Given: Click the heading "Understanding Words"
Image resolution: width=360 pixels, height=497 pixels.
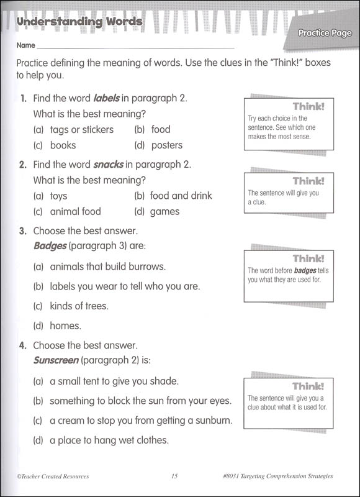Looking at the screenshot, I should pos(79,22).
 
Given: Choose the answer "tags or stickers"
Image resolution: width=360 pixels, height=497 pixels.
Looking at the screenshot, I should pos(81,129).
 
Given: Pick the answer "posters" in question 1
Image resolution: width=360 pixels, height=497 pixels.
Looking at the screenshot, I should pos(166,145).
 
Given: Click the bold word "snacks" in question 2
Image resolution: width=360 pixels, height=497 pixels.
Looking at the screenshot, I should pos(109,165).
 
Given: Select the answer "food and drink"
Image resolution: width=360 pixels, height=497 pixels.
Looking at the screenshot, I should pos(181,196).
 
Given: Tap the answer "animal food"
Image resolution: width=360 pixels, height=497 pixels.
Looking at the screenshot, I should pos(75,211).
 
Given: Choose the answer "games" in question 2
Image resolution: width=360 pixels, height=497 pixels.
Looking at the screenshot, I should pos(164,211).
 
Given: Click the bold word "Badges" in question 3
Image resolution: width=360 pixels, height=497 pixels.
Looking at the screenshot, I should pos(50,246).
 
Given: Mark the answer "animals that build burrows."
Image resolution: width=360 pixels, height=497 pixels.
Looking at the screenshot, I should pos(107,267).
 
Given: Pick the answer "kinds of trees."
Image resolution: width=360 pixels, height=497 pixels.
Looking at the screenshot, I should pos(79,306).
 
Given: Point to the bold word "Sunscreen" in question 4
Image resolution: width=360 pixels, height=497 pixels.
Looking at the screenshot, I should pos(56,360).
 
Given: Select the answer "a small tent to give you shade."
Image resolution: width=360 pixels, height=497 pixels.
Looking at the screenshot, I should pos(114,381).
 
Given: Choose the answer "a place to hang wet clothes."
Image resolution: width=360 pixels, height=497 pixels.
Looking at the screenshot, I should pos(109,440).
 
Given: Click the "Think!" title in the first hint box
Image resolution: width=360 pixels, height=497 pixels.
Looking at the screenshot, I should pos(308,106).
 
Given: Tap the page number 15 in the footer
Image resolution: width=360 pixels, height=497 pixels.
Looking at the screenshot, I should pos(174,476).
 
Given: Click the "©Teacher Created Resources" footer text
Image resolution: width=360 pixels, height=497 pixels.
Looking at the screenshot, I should pos(49,476).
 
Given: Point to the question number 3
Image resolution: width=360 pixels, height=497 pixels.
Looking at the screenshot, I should pos(22,231).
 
